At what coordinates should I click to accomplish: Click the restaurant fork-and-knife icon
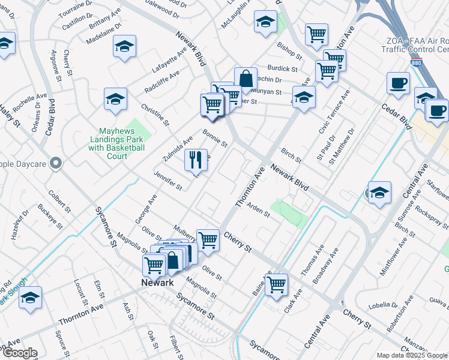click(x=196, y=160)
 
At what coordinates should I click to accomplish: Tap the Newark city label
click(x=157, y=283)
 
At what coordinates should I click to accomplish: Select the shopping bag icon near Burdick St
click(x=246, y=78)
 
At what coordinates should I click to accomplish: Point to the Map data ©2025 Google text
click(x=412, y=355)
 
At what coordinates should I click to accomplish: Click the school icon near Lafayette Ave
click(x=124, y=47)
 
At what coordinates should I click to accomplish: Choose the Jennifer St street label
click(x=167, y=180)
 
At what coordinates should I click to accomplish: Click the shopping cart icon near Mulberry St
click(x=208, y=239)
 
